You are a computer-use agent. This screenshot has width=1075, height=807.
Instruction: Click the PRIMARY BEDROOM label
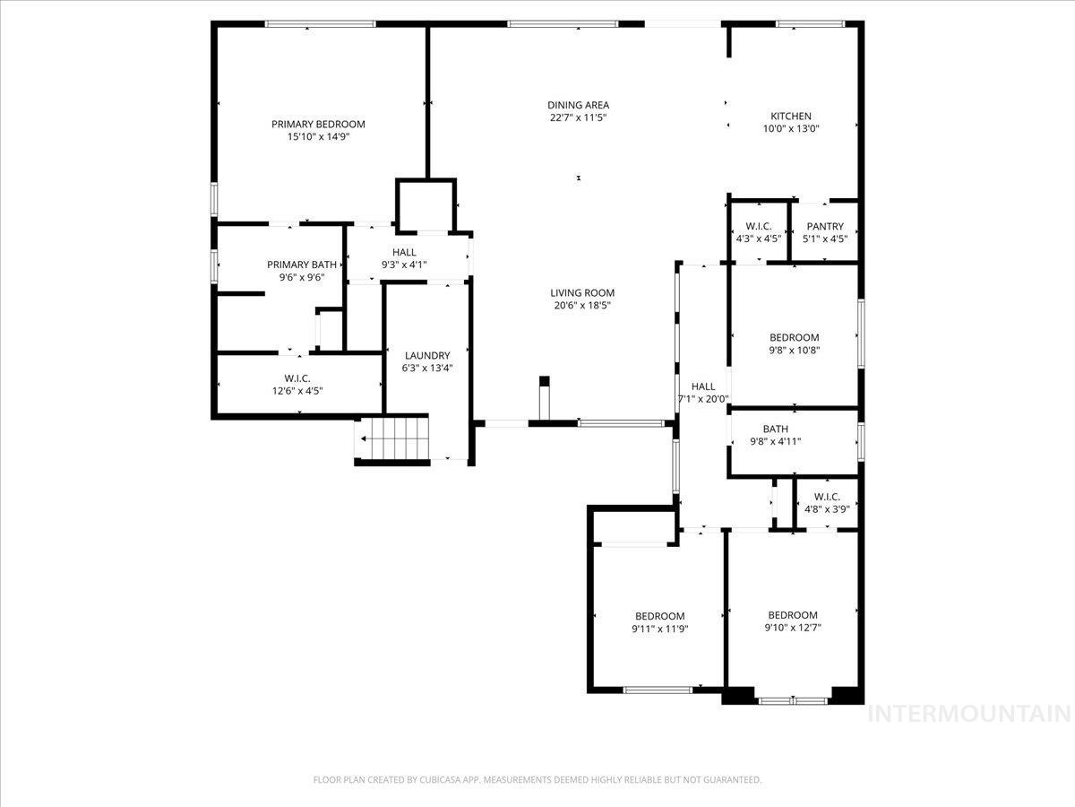pos(318,124)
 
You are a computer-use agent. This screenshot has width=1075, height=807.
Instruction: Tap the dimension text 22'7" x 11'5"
pos(579,117)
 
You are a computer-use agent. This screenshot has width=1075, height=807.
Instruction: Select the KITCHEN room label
pos(791,116)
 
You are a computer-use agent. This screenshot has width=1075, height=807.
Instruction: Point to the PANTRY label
pos(824,227)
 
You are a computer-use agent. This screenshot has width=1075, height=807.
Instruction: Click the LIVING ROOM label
pos(582,292)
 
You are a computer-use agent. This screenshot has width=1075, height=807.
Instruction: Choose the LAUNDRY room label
pos(426,355)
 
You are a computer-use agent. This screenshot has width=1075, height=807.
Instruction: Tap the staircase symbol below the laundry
pos(394,439)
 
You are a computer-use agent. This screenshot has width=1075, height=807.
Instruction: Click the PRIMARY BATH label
pos(302,265)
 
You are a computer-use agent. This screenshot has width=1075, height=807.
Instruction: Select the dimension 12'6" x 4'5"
pos(297,390)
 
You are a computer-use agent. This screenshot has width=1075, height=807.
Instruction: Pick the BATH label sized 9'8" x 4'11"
pos(775,429)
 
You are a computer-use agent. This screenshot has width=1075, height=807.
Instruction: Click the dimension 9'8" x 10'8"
pos(794,350)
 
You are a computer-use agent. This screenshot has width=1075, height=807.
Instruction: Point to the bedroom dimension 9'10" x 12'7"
pos(792,628)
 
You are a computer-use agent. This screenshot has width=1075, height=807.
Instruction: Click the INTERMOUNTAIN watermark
pos(970,714)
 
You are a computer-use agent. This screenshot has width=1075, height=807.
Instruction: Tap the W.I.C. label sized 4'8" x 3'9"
pos(826,497)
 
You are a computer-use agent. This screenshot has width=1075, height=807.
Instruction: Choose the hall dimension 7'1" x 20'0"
pos(703,399)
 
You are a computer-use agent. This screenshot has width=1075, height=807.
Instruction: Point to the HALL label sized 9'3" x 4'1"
pos(404,253)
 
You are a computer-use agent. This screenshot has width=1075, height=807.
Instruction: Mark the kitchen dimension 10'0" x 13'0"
pos(791,128)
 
